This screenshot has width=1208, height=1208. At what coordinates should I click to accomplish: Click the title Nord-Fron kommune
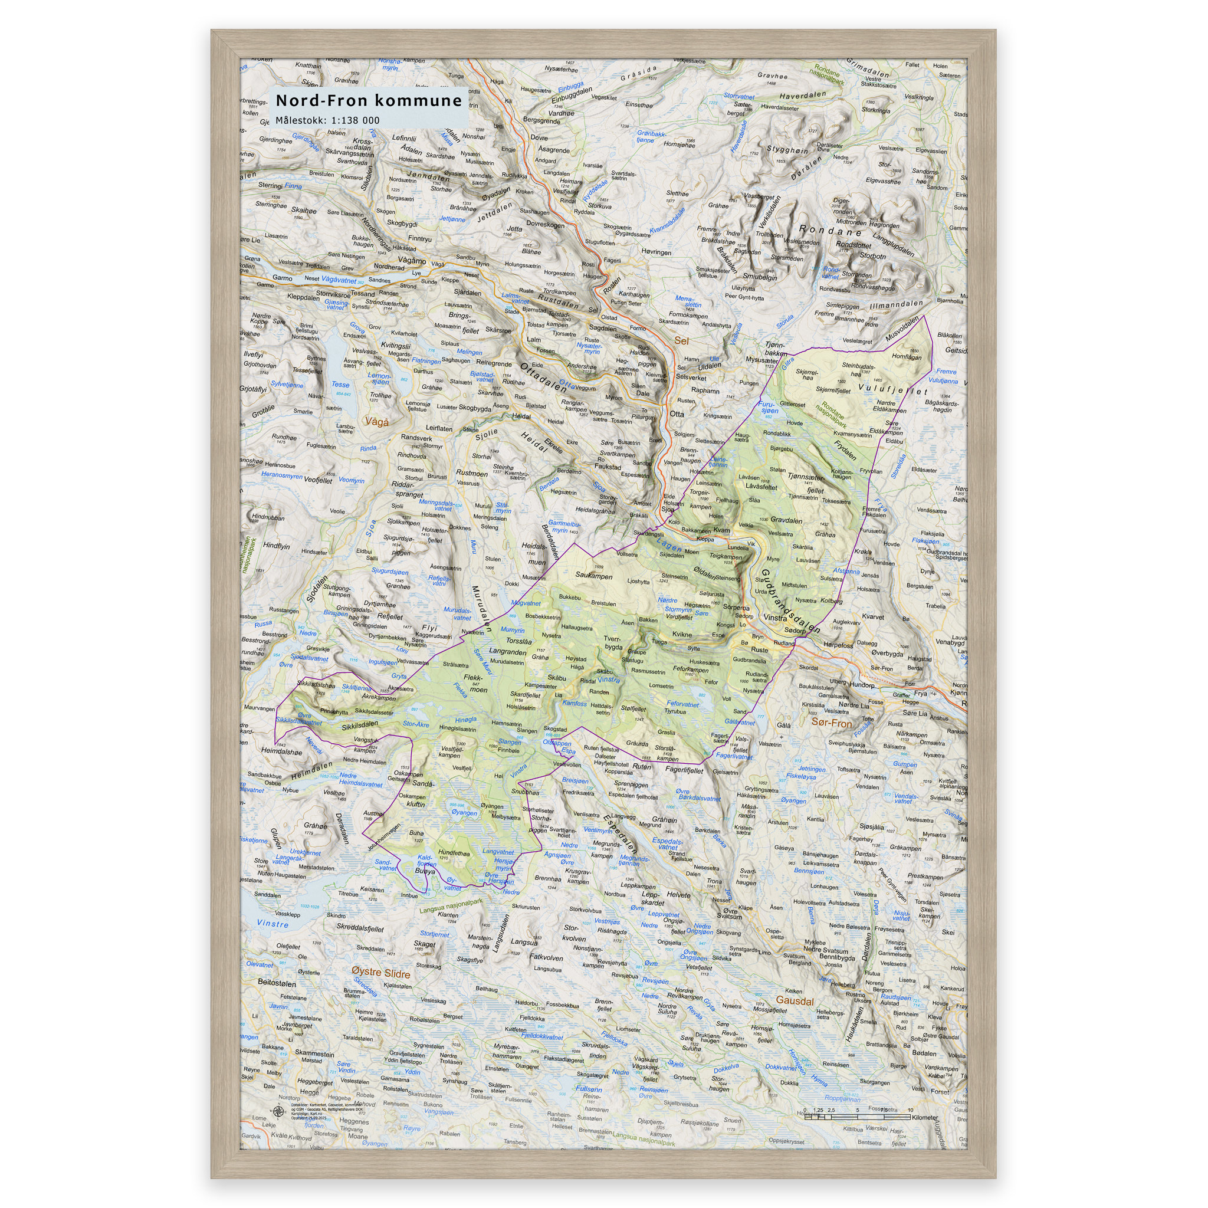coord(368,101)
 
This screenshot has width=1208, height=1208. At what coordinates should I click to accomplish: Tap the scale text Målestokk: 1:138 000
coord(327,120)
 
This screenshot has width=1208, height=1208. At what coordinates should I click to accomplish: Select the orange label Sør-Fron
coord(831,723)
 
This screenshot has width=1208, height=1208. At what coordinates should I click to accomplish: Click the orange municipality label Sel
coord(681,341)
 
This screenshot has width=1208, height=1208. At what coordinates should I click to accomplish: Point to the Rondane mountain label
coord(830,230)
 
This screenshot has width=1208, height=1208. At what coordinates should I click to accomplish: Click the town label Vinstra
coord(775,617)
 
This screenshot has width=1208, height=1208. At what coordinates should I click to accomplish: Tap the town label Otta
coord(677,414)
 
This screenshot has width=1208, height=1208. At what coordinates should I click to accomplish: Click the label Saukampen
coord(594,576)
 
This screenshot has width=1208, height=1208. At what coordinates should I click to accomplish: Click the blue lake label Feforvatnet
coord(683,704)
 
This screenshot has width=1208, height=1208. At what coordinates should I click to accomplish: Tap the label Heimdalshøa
coord(281,751)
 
